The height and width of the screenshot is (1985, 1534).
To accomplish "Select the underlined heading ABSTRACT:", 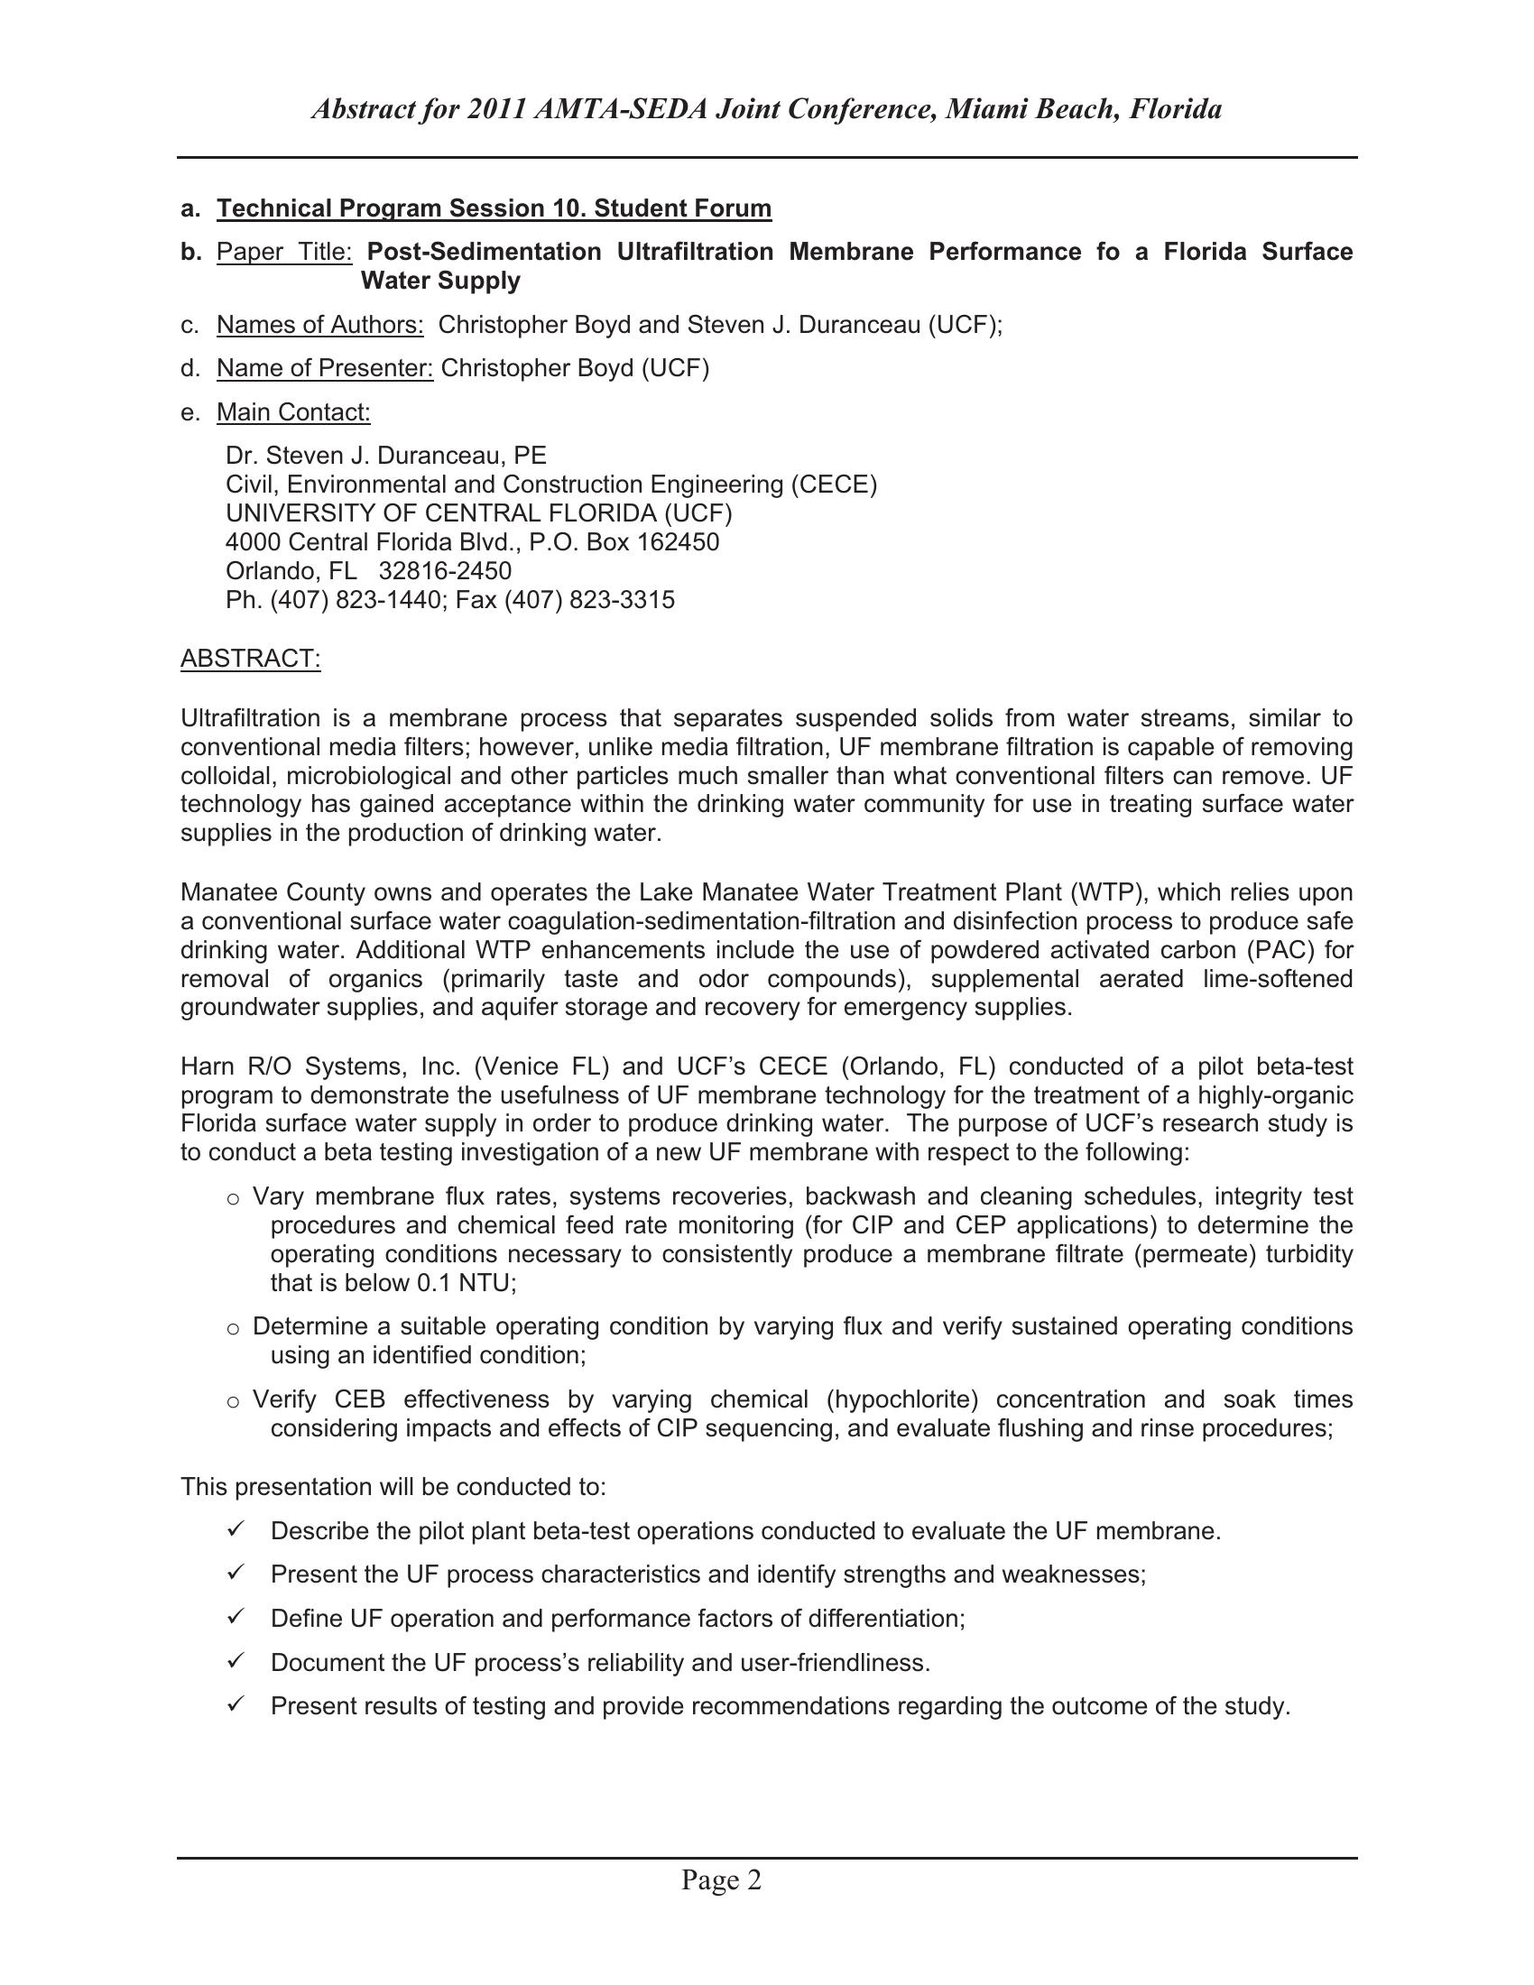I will coord(251,658).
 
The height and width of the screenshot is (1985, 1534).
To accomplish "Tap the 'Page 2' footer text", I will coord(721,1879).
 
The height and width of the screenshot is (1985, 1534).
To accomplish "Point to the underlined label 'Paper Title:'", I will coord(283,252).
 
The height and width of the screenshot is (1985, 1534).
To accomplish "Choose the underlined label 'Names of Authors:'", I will coord(320,325).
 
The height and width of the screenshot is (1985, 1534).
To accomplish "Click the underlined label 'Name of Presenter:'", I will coord(325,368).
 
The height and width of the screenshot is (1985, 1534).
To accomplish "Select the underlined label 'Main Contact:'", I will coord(293,412).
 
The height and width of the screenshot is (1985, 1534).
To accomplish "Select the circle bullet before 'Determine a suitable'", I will coord(234,1329).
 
